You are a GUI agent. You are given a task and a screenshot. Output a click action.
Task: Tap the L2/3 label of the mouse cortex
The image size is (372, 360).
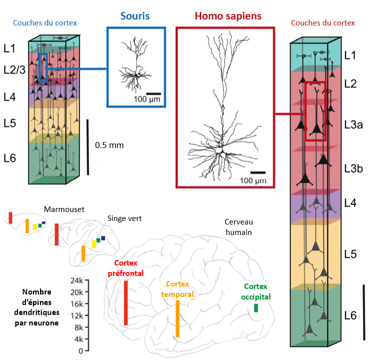(x=14, y=70)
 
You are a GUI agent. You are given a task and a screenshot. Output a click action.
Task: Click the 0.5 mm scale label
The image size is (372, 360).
(x=109, y=145)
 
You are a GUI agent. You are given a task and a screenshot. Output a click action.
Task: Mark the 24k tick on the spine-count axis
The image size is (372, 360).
(x=75, y=280)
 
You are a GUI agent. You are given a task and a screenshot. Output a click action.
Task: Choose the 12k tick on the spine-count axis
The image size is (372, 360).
(x=75, y=316)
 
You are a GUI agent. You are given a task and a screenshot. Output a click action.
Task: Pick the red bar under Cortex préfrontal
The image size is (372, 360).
(x=126, y=303)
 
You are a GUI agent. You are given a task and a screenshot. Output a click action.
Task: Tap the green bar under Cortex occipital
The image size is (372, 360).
(x=256, y=308)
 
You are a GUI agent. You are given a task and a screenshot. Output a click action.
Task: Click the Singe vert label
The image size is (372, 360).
(x=124, y=218)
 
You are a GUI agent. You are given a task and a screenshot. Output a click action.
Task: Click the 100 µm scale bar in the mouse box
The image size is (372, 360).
(x=154, y=93)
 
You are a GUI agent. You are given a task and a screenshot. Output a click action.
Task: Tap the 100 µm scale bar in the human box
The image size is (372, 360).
(x=258, y=172)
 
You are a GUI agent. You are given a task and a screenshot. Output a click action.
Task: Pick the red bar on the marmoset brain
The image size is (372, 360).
(x=10, y=217)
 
